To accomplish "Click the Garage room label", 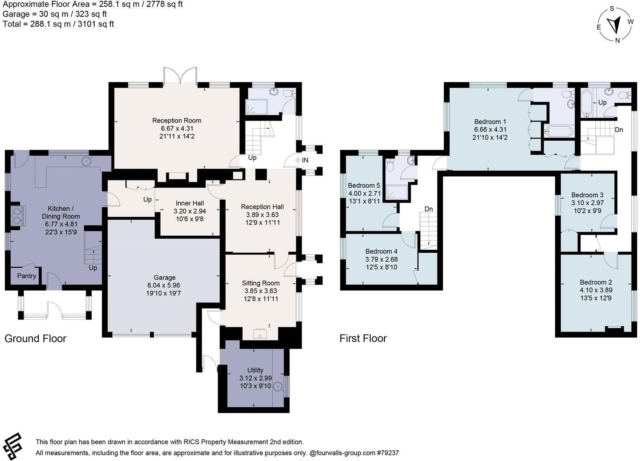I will coord(164,277).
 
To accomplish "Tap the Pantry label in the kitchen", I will coord(27,276).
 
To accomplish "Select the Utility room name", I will coord(255,370).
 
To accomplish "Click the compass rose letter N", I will coord(617,40).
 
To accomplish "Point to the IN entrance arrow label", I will coord(304,160).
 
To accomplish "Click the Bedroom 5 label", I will coord(364,186).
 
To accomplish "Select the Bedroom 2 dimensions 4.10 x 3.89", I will coord(596,290).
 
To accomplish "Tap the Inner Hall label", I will coord(190,203).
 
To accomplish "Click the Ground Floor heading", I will coord(35,338).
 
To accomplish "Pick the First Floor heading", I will coord(363,338).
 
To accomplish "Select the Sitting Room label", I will coord(261,283).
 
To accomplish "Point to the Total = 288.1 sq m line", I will coord(58,24).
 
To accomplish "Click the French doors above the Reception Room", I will coord(180,75).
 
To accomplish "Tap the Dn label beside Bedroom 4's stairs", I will coord(429,209).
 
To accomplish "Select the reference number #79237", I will coord(388,453).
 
